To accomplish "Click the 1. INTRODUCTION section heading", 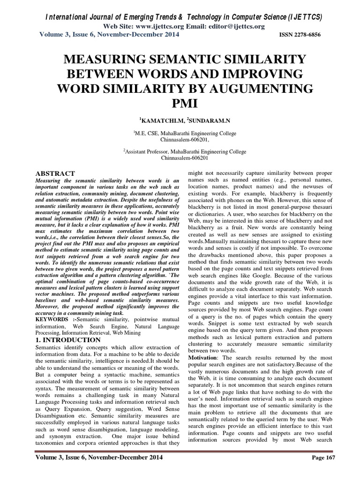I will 68,339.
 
